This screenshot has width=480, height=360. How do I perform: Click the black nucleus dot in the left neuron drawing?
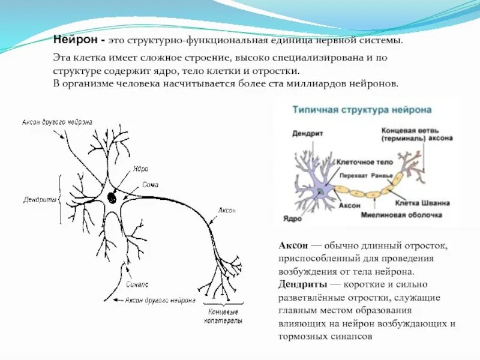click(112, 197)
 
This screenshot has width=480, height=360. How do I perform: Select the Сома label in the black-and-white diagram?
click(151, 185)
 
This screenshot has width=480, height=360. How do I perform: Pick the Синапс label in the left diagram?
click(138, 284)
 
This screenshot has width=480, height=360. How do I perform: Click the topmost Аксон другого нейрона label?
click(57, 122)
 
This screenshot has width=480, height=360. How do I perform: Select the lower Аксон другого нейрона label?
click(160, 299)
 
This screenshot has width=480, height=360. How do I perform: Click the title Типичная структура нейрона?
click(362, 111)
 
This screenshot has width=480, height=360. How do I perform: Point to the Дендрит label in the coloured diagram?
click(308, 134)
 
